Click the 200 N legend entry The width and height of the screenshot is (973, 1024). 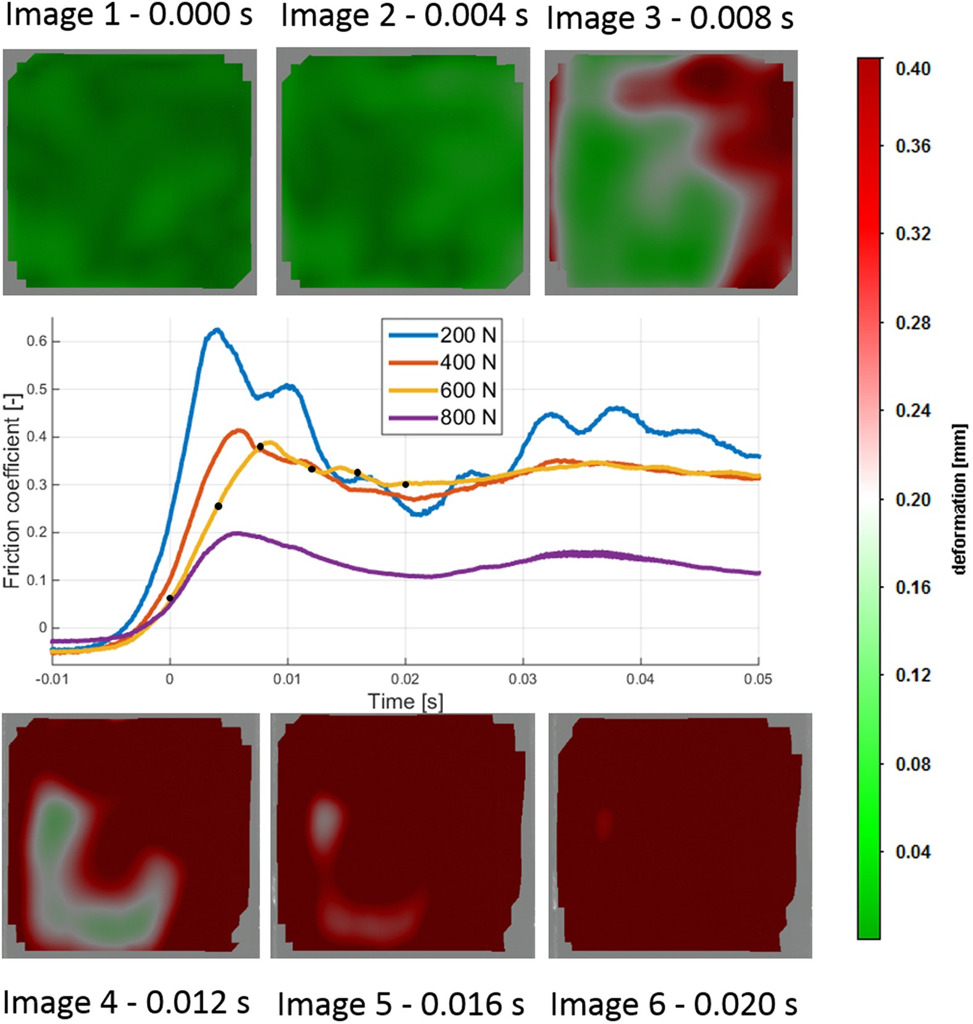click(467, 335)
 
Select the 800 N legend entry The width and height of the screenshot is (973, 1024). click(467, 418)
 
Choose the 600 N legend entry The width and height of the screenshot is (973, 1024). click(467, 390)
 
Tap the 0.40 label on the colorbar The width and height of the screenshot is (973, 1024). click(912, 69)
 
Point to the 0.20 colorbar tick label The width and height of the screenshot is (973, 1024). click(912, 499)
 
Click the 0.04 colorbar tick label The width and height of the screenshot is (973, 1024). click(912, 852)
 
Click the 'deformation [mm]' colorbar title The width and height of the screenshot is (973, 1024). click(958, 499)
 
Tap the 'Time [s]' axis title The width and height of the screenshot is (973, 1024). click(405, 702)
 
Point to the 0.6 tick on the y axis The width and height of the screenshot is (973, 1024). click(36, 342)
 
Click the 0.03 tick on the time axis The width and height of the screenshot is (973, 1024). click(523, 679)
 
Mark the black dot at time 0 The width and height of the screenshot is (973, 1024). click(170, 598)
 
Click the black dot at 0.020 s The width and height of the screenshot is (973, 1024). click(405, 484)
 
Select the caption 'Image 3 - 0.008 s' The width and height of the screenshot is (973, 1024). click(670, 17)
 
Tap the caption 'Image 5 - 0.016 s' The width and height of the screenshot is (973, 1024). click(400, 1004)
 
